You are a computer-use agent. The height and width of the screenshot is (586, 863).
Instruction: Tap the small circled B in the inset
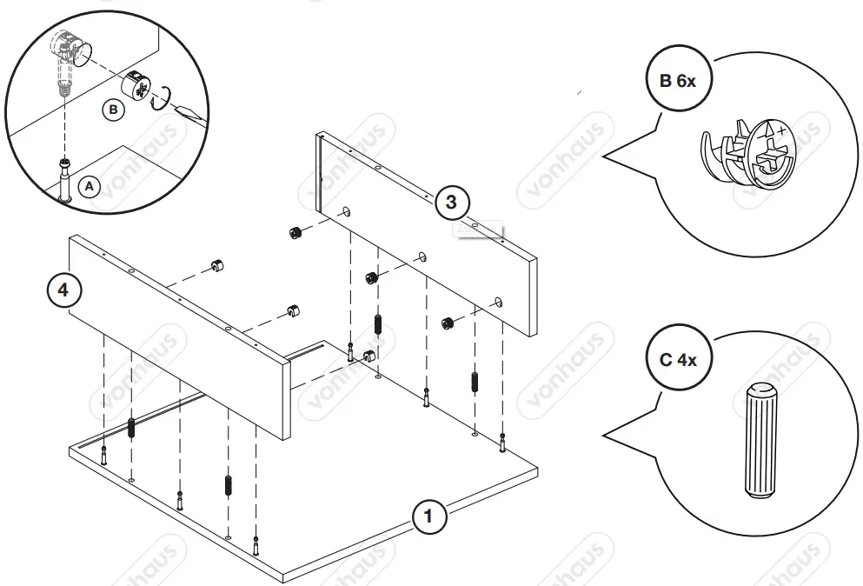coord(112,110)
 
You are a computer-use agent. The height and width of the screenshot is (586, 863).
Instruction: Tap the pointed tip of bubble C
coord(606,436)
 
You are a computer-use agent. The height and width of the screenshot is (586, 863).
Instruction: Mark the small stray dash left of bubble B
coord(579,91)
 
